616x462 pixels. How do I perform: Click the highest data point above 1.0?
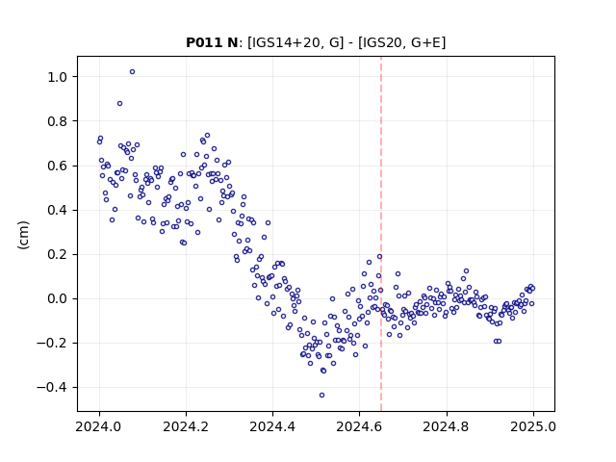tap(133, 72)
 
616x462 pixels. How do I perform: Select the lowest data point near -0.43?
tap(321, 396)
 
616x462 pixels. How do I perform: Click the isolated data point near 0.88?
tap(119, 104)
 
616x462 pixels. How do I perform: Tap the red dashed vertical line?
tap(381, 234)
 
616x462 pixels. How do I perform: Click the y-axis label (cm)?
tap(23, 235)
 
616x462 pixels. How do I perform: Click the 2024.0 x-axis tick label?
tap(99, 426)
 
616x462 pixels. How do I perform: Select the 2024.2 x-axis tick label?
tap(186, 426)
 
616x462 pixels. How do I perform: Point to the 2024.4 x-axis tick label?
tap(272, 426)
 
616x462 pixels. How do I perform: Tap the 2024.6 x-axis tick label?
tap(359, 426)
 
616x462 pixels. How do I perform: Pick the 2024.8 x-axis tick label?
tap(447, 426)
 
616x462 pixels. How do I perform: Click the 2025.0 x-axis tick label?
tap(533, 426)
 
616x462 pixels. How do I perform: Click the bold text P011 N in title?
tap(212, 42)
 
